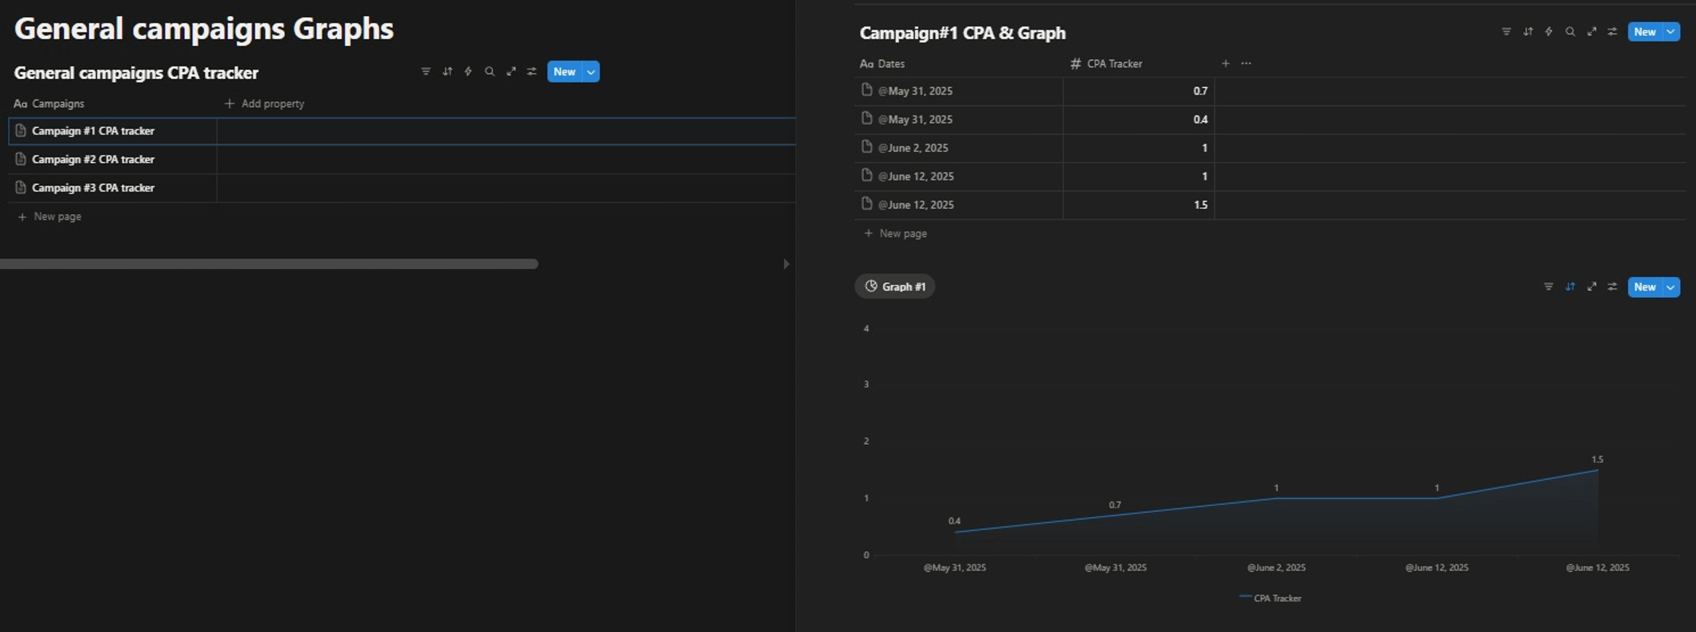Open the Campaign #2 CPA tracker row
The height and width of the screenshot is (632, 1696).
click(x=93, y=159)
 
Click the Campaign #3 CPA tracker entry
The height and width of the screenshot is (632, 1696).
click(x=93, y=188)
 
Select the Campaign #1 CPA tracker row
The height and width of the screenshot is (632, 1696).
click(x=93, y=131)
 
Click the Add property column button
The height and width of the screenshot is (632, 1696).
click(x=264, y=103)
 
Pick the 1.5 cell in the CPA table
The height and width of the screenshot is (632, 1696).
click(x=1200, y=205)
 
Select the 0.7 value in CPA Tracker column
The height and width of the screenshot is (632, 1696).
click(x=1200, y=91)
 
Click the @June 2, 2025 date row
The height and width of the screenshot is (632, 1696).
click(x=913, y=148)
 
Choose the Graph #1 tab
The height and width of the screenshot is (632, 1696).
click(x=895, y=286)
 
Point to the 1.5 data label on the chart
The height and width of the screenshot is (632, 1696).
click(x=1597, y=459)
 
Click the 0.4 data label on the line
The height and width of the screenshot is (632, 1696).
click(x=954, y=521)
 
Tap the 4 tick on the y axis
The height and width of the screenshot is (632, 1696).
click(x=866, y=328)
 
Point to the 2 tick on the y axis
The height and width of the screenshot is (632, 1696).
click(x=866, y=441)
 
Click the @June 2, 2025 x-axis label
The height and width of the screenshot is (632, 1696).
click(x=1276, y=568)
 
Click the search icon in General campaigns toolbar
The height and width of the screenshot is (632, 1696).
click(x=490, y=72)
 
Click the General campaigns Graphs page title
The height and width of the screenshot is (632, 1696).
click(x=204, y=29)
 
